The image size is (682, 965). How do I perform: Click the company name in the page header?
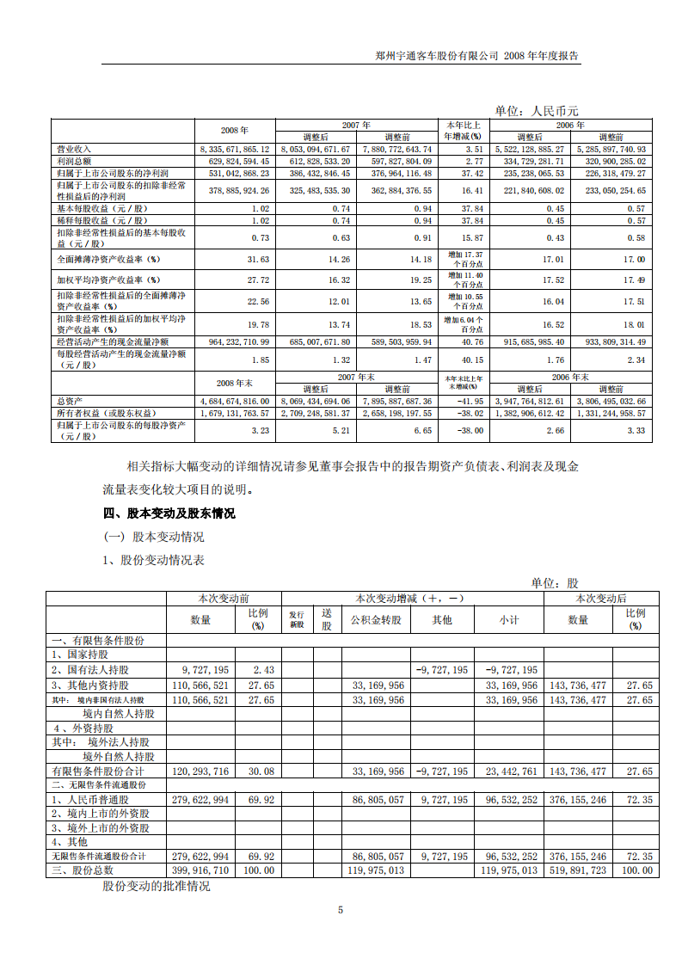pos(437,56)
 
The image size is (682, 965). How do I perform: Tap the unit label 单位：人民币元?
pos(537,111)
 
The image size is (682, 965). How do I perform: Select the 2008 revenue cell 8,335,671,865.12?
pos(235,149)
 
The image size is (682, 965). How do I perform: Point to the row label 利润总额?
pos(75,161)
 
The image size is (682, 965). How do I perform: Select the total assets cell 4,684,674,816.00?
pos(235,401)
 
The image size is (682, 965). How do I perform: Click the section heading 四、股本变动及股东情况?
pos(169,513)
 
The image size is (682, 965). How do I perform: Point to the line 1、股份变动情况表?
pos(153,560)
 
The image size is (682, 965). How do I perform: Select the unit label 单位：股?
pos(555,583)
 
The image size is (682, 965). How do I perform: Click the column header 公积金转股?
pos(376,619)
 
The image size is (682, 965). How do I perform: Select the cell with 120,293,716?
pos(201,771)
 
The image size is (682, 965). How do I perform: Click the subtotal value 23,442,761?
pos(511,771)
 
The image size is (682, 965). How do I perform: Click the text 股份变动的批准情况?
pos(156,886)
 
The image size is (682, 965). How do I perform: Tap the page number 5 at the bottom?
pos(341,910)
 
